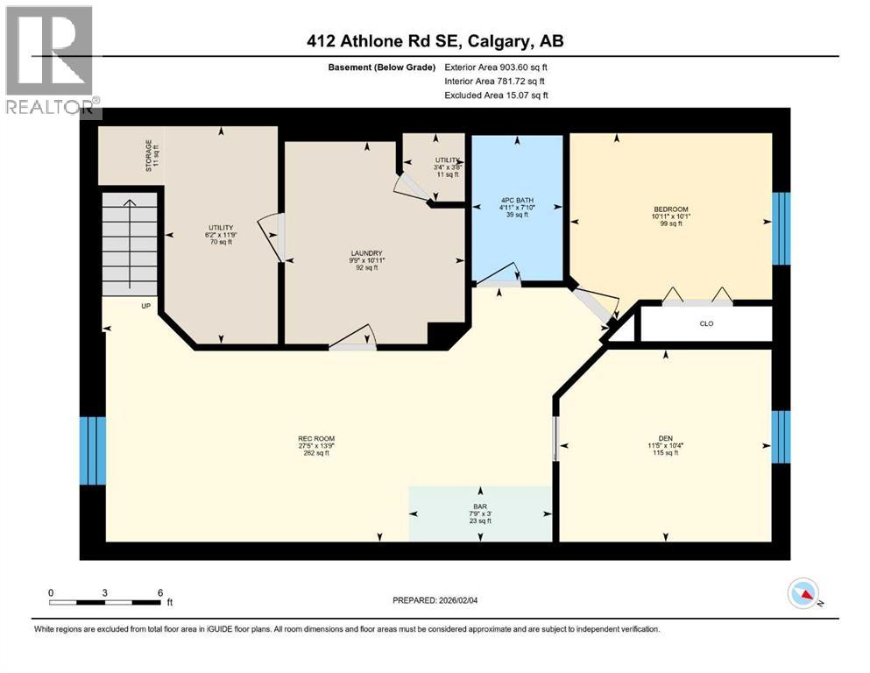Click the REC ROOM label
316,439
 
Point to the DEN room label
666,438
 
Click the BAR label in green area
479,505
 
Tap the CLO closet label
706,323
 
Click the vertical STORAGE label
150,155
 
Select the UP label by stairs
146,307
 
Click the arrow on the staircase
129,245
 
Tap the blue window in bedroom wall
781,228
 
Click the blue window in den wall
781,436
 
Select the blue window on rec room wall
92,450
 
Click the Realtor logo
50,60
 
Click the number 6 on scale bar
159,593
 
